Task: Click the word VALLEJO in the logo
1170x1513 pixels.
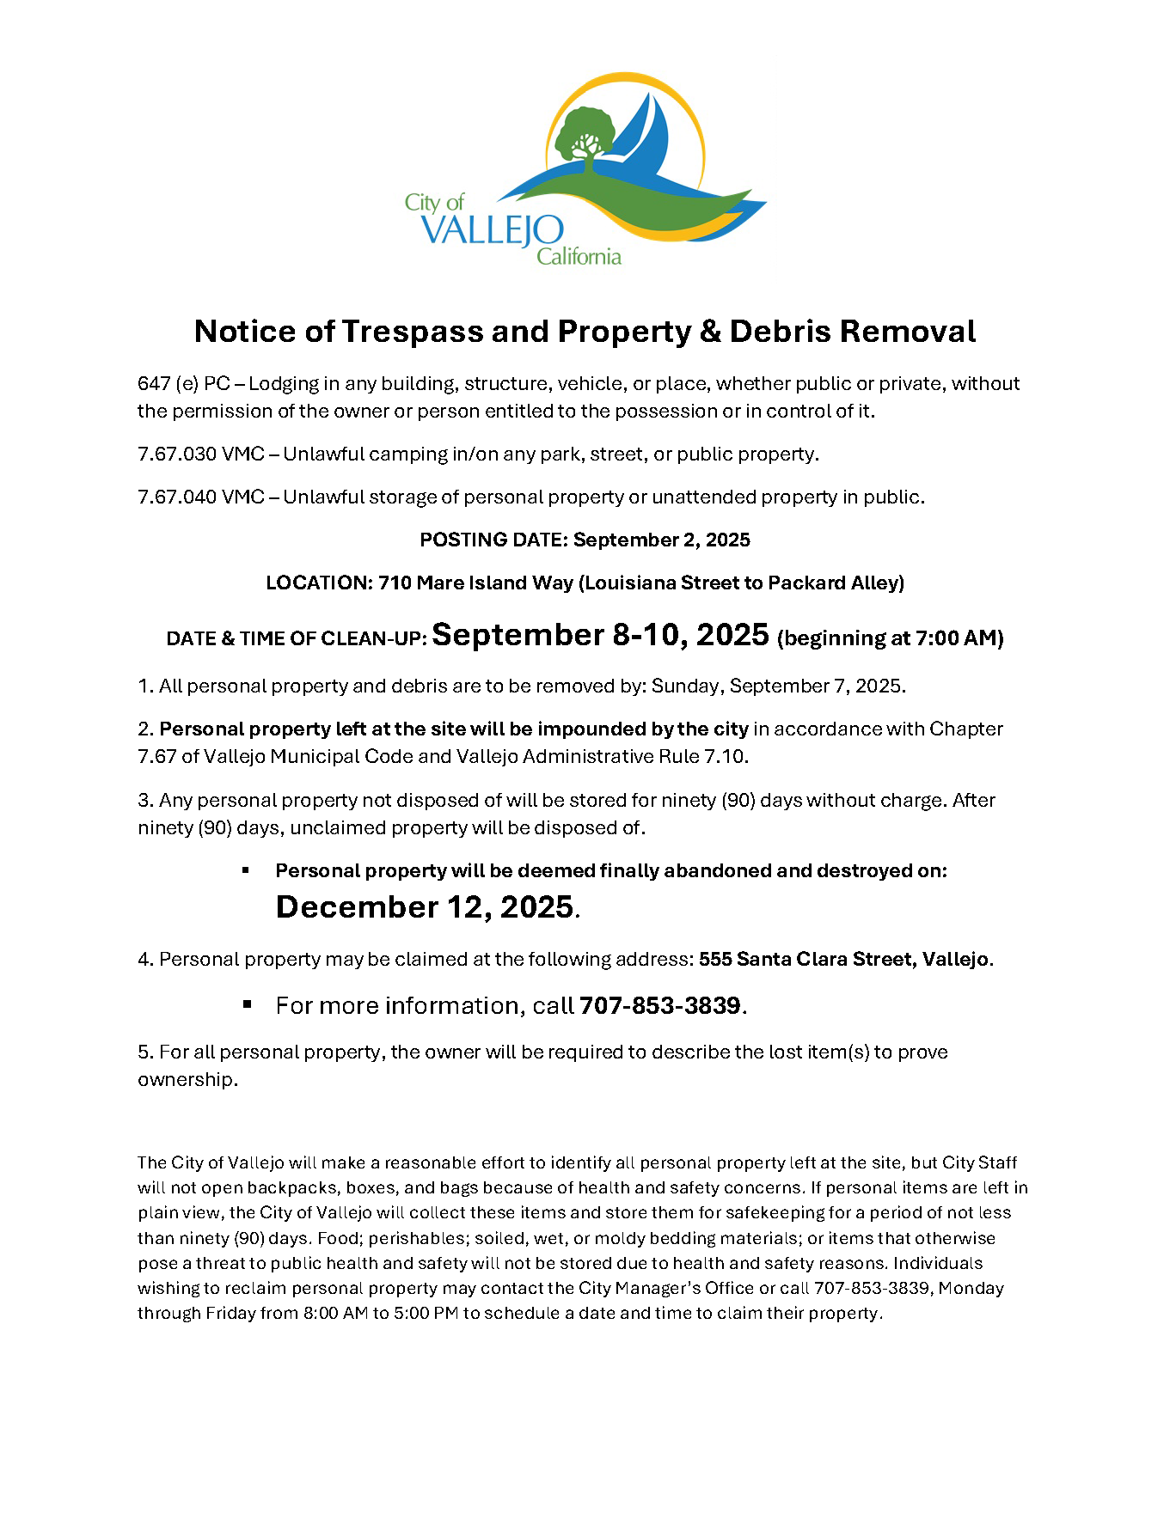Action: pyautogui.click(x=492, y=230)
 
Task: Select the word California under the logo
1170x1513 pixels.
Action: pyautogui.click(x=579, y=256)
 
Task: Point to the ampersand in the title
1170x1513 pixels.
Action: pyautogui.click(x=710, y=332)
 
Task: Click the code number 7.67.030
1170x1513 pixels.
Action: pyautogui.click(x=176, y=454)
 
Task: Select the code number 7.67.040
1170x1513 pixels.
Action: pyautogui.click(x=176, y=497)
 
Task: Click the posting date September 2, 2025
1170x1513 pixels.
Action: pyautogui.click(x=661, y=540)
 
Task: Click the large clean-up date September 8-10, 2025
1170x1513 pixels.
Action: pyautogui.click(x=600, y=634)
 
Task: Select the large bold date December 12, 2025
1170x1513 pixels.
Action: pyautogui.click(x=425, y=906)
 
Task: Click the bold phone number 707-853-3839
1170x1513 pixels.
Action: pyautogui.click(x=659, y=1005)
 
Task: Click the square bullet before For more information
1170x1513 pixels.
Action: pyautogui.click(x=247, y=1004)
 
